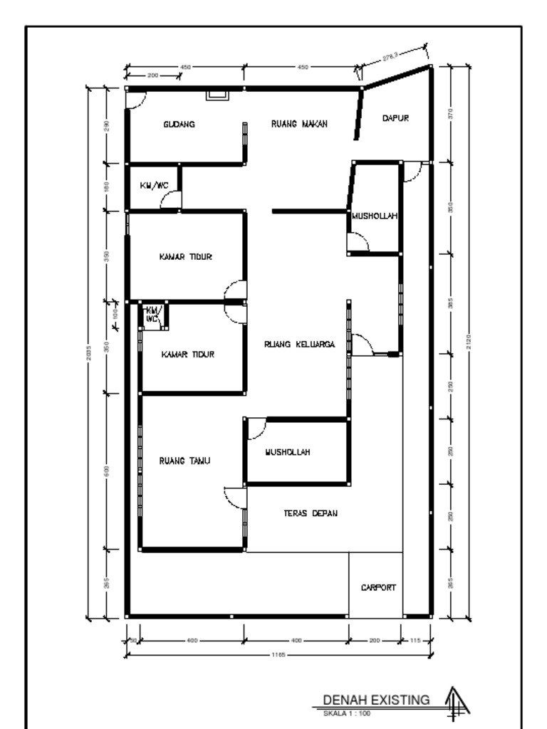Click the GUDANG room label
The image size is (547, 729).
[x=179, y=124]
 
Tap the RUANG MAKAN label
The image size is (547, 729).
[x=299, y=124]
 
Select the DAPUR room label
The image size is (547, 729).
[x=395, y=119]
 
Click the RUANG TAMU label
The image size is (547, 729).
[x=184, y=461]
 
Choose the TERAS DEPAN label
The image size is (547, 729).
[x=310, y=513]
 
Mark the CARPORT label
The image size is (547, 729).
[x=378, y=588]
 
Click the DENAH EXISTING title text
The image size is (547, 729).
[x=377, y=699]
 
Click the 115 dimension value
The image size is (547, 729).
[x=416, y=640]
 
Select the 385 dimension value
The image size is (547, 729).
[x=451, y=303]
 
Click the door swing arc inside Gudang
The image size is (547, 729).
[x=134, y=100]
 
